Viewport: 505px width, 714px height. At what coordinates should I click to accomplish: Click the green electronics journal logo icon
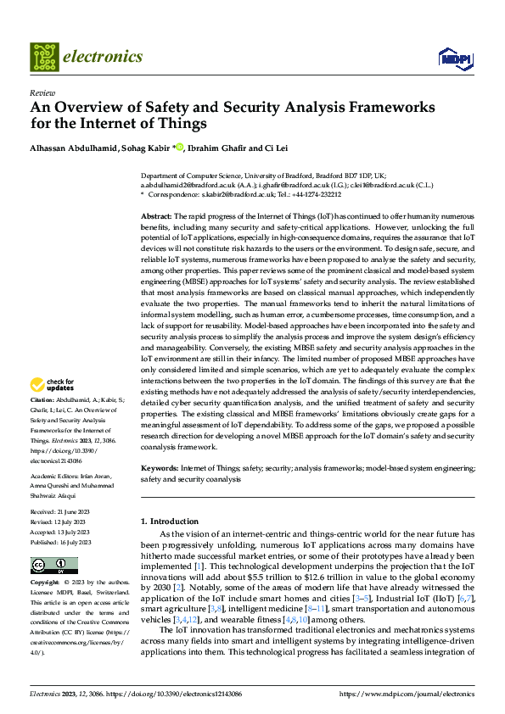pyautogui.click(x=45, y=57)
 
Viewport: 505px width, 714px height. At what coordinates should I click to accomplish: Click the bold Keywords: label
pyautogui.click(x=160, y=467)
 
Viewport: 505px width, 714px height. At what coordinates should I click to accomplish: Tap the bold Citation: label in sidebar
pyautogui.click(x=43, y=399)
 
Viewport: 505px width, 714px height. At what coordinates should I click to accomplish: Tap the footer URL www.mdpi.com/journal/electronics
pyautogui.click(x=407, y=693)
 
